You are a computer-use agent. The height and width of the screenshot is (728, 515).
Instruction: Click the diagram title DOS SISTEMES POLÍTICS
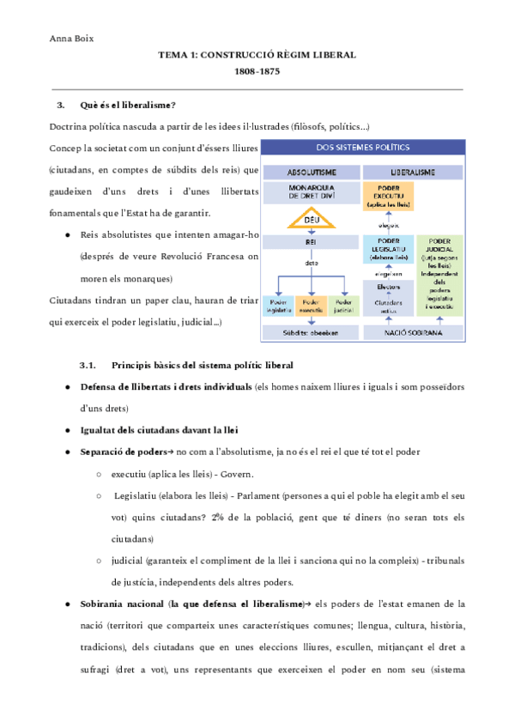362,148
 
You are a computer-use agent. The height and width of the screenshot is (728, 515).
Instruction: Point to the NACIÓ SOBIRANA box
412,331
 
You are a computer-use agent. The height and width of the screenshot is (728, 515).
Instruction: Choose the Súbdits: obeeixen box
311,331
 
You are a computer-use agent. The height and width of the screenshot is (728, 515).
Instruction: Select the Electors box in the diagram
388,287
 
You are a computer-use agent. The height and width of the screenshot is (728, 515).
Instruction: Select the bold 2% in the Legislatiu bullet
220,518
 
